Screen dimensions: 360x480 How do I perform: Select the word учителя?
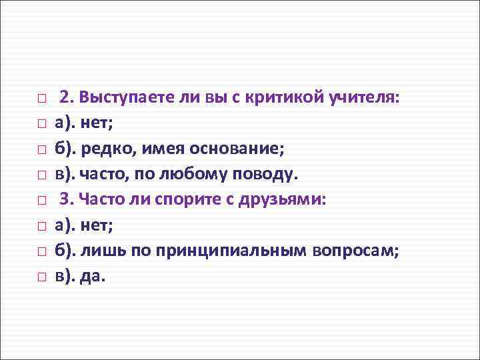tap(365, 98)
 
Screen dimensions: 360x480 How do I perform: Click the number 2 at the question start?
tap(65, 98)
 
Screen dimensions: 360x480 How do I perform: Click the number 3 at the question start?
tap(65, 199)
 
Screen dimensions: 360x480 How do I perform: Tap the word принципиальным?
tap(231, 250)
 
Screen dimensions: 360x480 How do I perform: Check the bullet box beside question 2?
tap(41, 99)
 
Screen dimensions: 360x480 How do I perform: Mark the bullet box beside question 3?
tap(41, 200)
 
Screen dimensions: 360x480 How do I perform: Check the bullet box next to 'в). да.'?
tap(41, 276)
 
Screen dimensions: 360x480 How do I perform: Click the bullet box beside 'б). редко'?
tap(41, 149)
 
